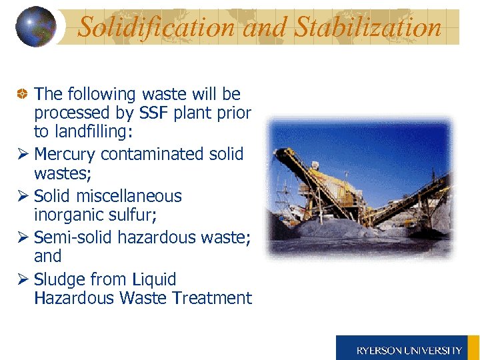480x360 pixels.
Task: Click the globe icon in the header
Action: tap(35, 27)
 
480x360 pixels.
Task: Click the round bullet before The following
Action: tap(22, 95)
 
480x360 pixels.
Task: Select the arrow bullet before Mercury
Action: tap(22, 155)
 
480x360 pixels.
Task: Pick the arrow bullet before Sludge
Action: tap(22, 280)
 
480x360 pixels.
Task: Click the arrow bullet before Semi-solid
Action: tap(22, 238)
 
